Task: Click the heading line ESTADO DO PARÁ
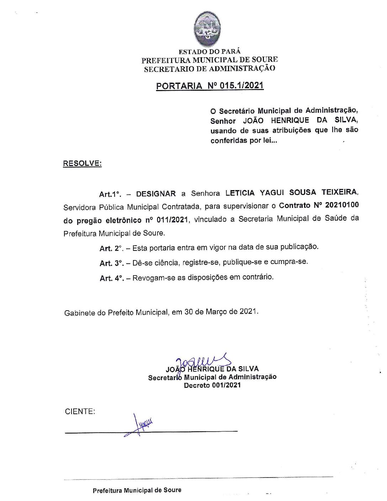click(x=210, y=52)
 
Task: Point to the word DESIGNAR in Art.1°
click(x=156, y=194)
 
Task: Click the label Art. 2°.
click(x=111, y=248)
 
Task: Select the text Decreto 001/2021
click(x=212, y=385)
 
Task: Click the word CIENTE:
click(x=80, y=412)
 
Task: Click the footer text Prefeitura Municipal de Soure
click(x=137, y=490)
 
